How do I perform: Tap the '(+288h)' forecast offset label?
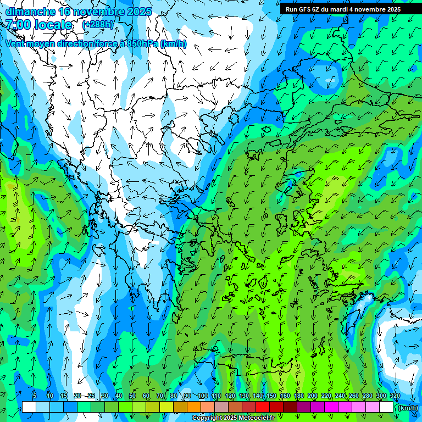point(98,25)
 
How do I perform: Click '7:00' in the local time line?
point(18,25)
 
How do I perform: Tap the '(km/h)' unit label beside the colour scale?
point(407,407)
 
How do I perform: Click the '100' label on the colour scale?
point(202,396)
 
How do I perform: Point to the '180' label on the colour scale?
point(298,396)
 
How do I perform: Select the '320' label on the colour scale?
point(395,396)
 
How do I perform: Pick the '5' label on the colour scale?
point(35,396)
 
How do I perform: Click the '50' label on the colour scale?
point(132,396)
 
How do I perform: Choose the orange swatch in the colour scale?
point(194,407)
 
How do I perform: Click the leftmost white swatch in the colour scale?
point(29,407)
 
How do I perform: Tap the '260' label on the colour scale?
point(353,396)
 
